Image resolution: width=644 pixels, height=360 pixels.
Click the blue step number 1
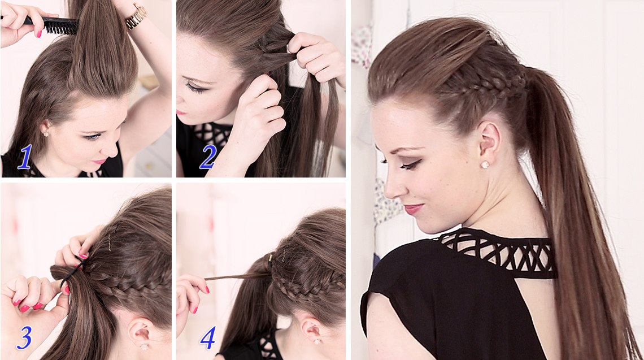click(x=25, y=158)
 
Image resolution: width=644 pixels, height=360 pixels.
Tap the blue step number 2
click(x=208, y=157)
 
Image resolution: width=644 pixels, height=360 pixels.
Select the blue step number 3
click(x=24, y=338)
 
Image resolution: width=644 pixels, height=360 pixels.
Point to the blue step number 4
click(x=208, y=338)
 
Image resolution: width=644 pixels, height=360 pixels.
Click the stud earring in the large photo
click(x=485, y=164)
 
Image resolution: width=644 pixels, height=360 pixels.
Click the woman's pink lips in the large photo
click(x=413, y=209)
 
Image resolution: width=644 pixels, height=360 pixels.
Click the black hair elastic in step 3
click(x=72, y=272)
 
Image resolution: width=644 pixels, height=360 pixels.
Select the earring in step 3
click(x=143, y=346)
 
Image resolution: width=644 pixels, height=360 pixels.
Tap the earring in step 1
click(x=46, y=133)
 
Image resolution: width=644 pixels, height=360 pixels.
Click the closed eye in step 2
click(x=195, y=87)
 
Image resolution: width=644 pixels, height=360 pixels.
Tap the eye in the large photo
click(x=408, y=165)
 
